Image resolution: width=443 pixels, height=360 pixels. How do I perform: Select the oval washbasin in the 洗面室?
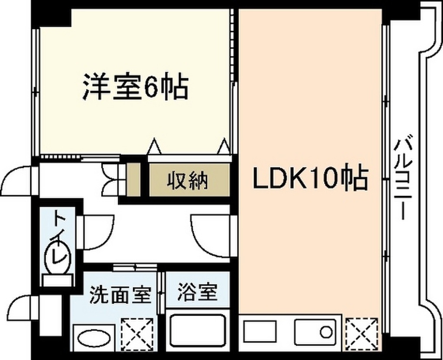(x=94, y=338)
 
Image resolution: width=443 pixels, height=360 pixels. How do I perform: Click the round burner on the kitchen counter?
(x=326, y=332)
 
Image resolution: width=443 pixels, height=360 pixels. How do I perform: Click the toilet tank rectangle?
(x=58, y=281)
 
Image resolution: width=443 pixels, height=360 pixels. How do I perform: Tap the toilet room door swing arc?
(x=107, y=237)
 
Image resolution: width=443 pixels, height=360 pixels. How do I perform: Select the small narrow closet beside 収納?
(x=134, y=179)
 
